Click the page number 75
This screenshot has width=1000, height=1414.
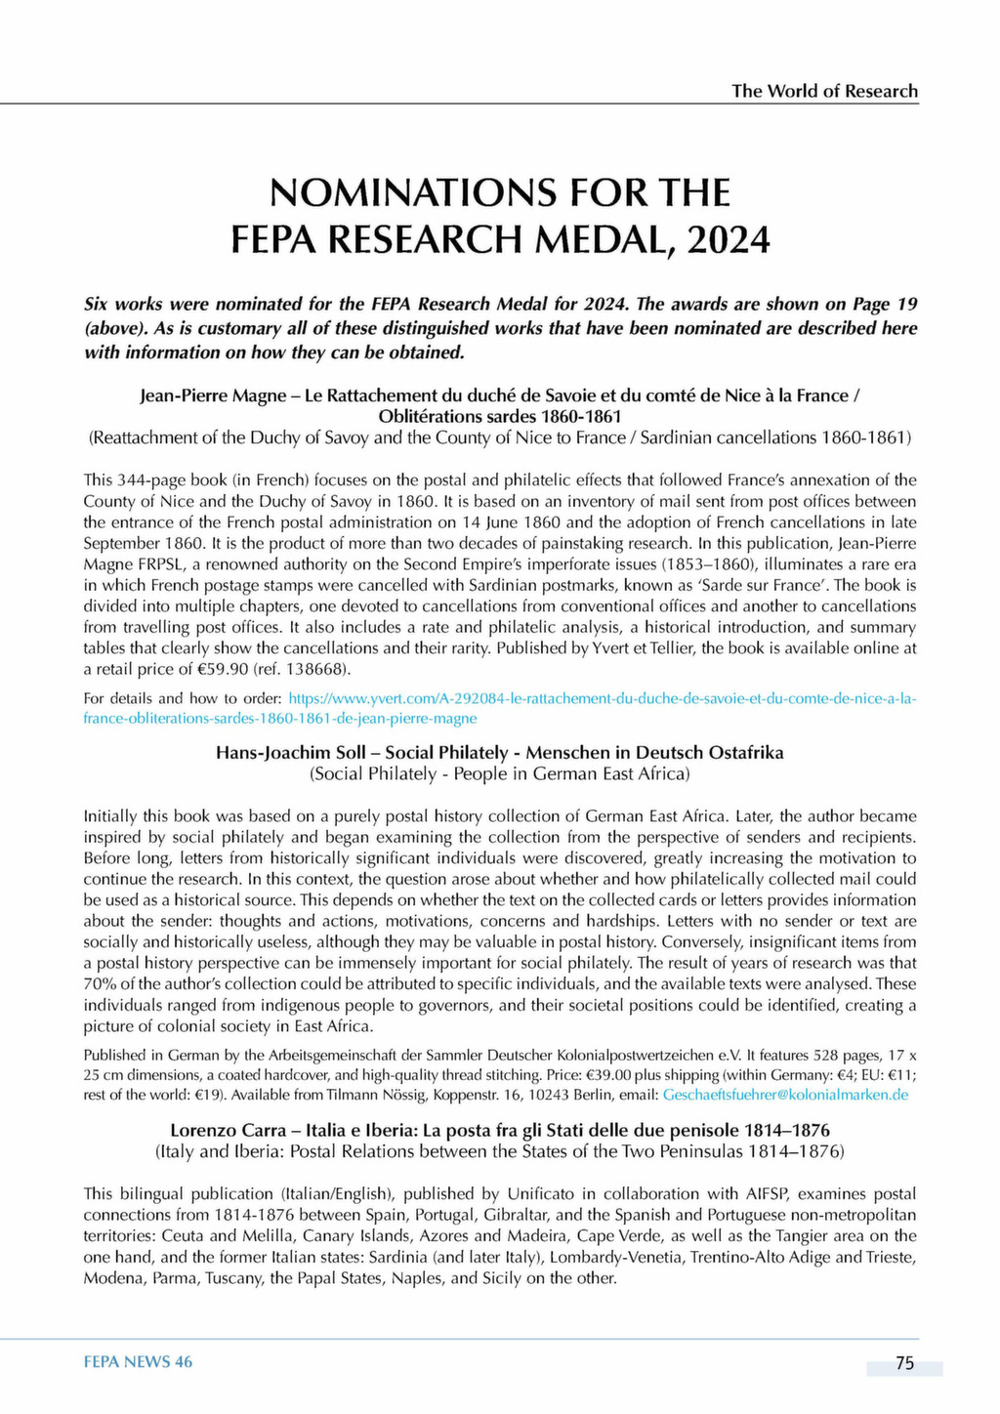[x=904, y=1363]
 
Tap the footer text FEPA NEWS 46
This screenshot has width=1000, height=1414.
[x=138, y=1362]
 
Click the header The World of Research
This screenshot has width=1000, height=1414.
[x=824, y=91]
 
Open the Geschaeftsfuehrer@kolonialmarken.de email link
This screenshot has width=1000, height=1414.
[x=785, y=1095]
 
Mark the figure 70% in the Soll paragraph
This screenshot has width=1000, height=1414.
[x=100, y=984]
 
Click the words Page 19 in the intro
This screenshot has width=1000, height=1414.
[x=883, y=304]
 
